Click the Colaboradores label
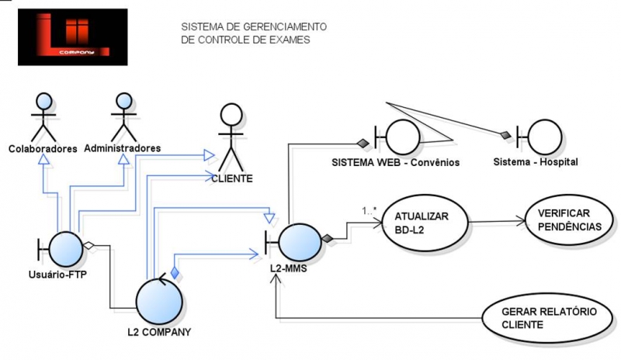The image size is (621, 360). (43, 148)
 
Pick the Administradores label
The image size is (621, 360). (122, 147)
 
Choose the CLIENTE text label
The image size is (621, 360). (232, 178)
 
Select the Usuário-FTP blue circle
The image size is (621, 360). (68, 249)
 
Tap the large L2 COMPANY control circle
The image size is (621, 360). (161, 299)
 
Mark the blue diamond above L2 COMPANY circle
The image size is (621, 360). (175, 272)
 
